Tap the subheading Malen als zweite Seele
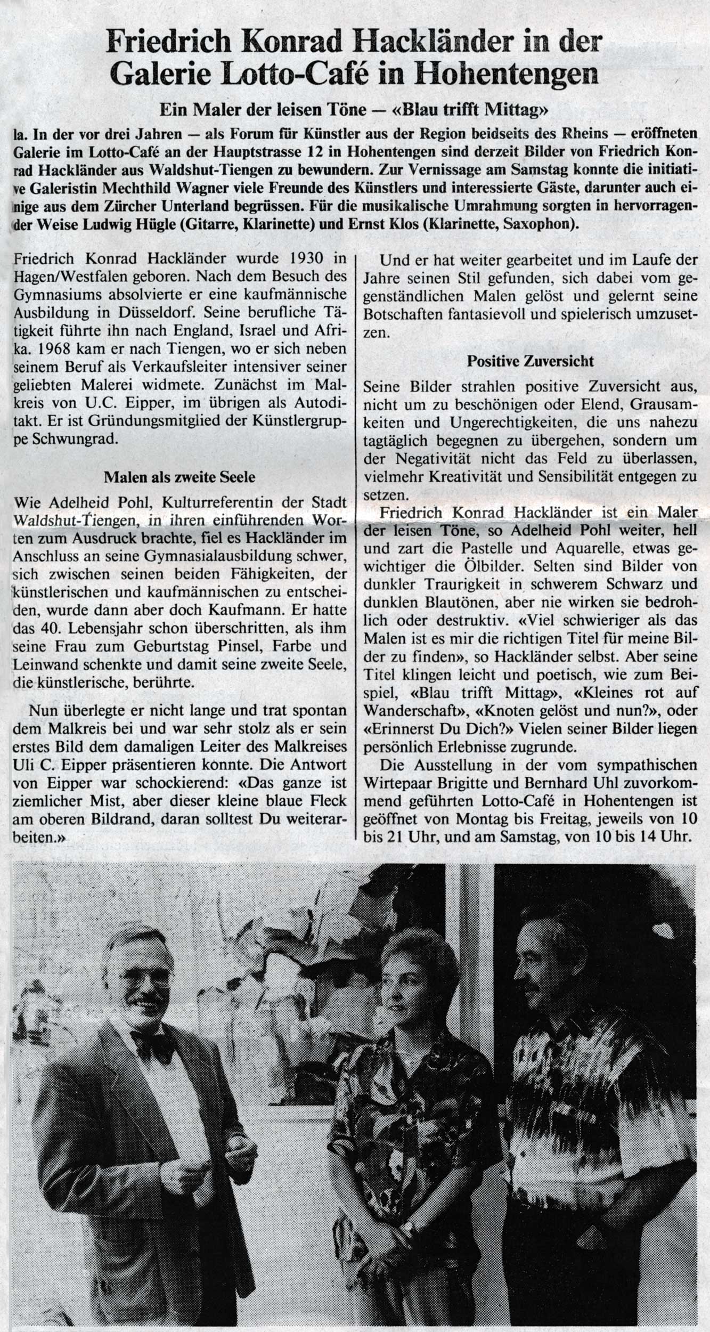[x=179, y=477]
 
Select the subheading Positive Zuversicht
[x=530, y=361]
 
